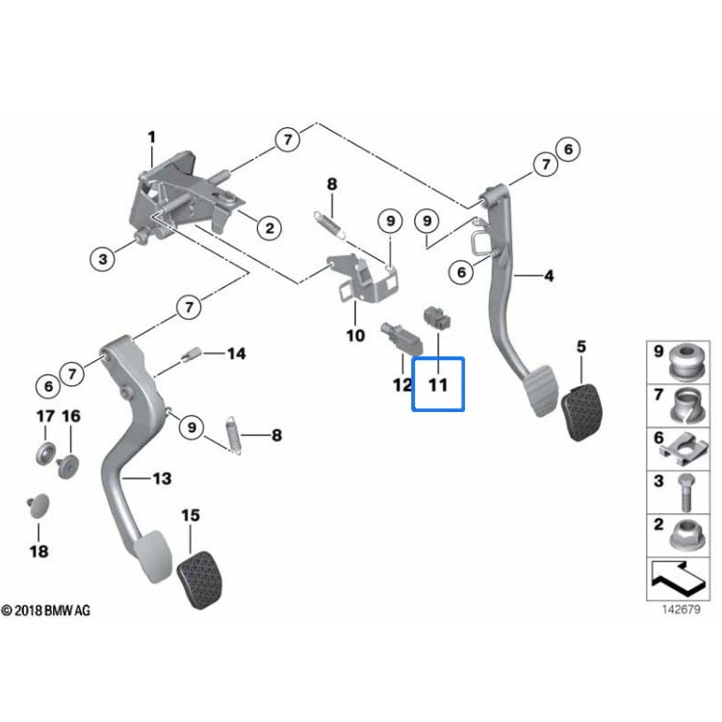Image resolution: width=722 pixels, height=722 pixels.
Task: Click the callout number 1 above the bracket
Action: tap(151, 137)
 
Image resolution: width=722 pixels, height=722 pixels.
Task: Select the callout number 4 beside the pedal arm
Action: tap(549, 277)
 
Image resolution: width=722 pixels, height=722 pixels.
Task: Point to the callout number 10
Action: tap(355, 336)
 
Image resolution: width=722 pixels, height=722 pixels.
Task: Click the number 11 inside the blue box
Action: tap(438, 386)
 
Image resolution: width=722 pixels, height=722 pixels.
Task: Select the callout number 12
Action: tap(401, 386)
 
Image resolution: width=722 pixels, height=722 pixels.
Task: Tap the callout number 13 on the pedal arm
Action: tap(160, 477)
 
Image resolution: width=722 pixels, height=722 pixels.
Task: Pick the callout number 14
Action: tap(236, 354)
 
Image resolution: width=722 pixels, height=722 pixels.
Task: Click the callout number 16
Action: tap(72, 416)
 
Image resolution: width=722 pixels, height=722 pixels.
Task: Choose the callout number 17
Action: tap(45, 416)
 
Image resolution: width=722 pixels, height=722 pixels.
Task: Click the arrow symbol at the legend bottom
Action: tap(679, 577)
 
